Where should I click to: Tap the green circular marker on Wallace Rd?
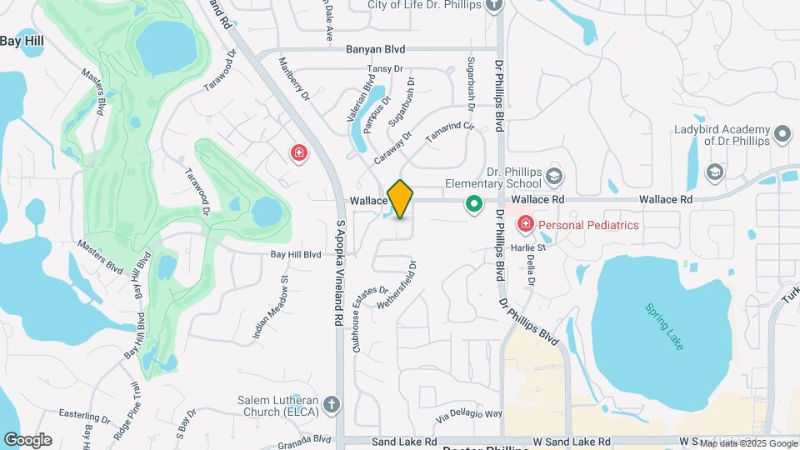474,203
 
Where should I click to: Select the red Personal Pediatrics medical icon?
526,224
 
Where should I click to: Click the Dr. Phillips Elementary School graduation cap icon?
555,177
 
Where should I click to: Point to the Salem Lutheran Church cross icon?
332,405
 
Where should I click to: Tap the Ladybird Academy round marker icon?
782,133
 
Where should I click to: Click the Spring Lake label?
664,326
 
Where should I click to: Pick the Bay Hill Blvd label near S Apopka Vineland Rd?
295,254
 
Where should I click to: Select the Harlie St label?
529,247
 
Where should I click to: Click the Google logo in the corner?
27,440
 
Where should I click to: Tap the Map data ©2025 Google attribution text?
747,443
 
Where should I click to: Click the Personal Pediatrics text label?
588,225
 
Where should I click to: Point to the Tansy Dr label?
385,69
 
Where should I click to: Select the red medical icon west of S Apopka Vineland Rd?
298,153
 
